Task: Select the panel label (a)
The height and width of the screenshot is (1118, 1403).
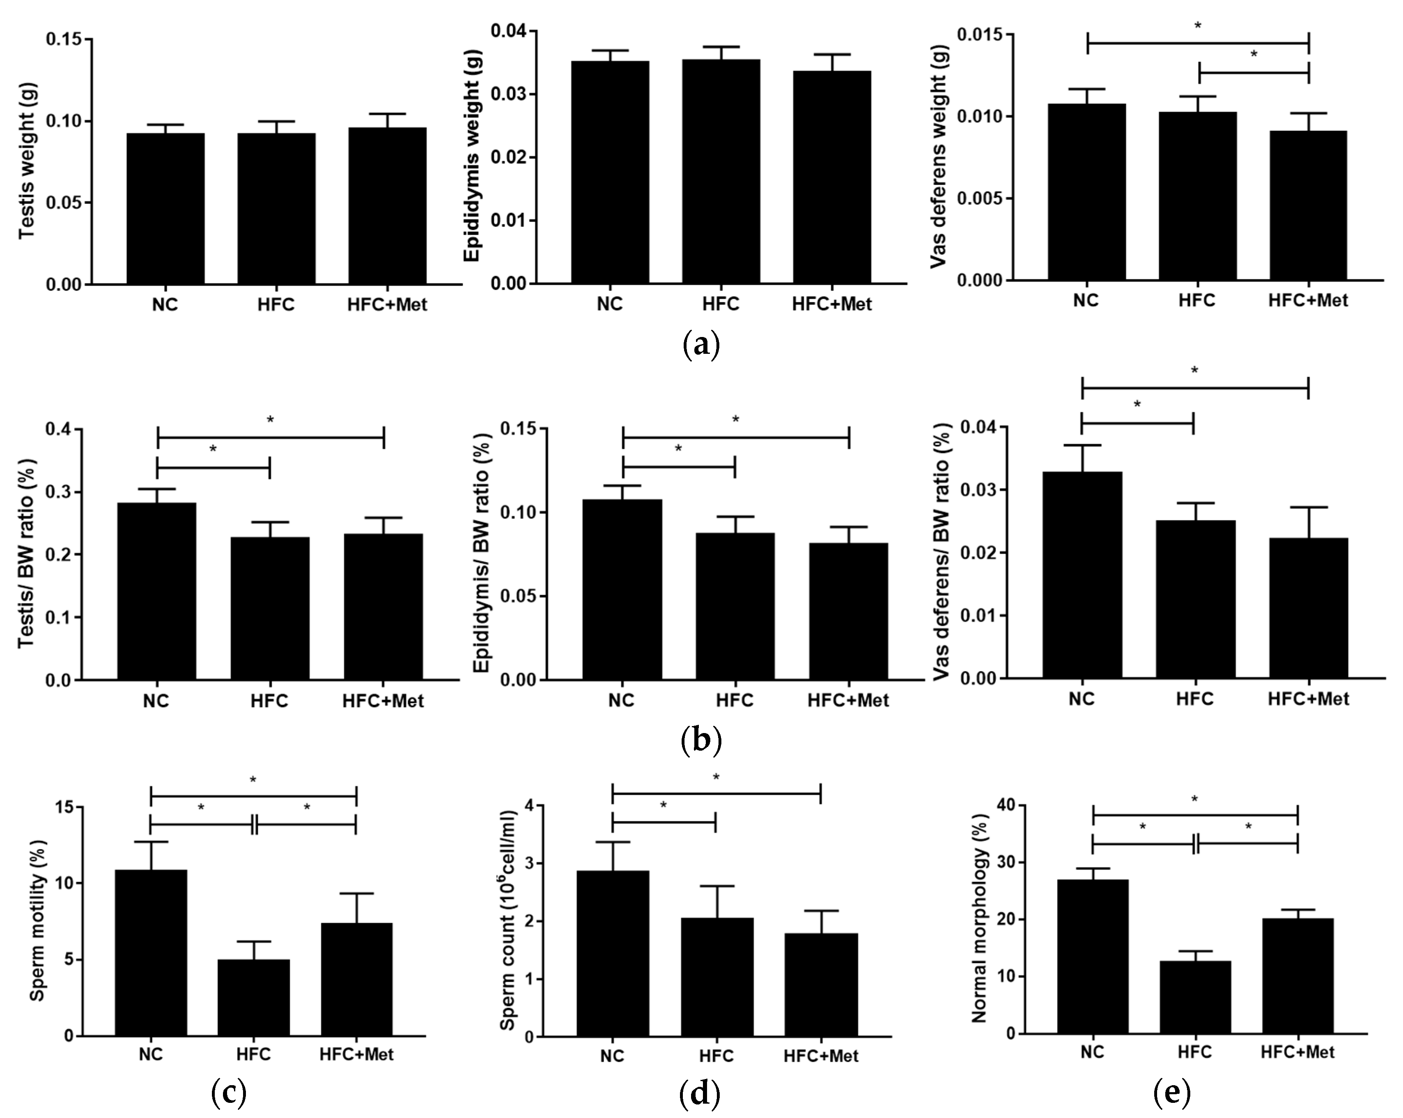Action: [x=701, y=345]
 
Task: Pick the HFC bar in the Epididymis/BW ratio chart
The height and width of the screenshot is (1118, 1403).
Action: [x=734, y=606]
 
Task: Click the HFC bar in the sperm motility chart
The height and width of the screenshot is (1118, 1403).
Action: [x=253, y=997]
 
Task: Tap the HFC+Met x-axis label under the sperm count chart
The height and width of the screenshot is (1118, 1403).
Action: [x=821, y=1056]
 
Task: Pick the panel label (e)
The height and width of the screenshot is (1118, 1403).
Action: [x=1172, y=1095]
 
